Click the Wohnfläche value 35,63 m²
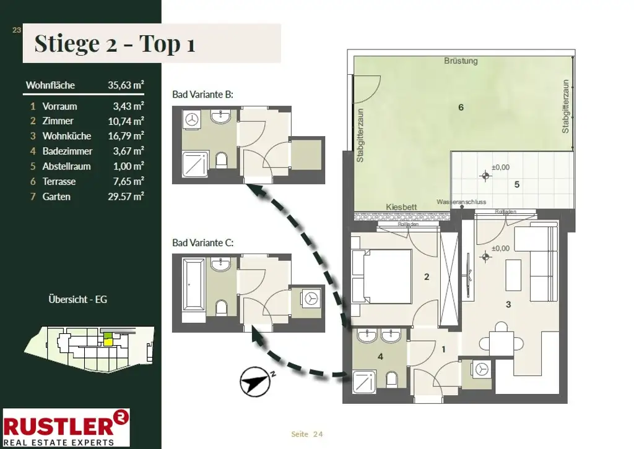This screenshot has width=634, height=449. [x=126, y=85]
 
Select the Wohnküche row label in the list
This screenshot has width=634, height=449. [x=67, y=136]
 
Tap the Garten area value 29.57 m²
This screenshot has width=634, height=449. [x=126, y=197]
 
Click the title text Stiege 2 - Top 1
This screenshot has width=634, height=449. [x=115, y=43]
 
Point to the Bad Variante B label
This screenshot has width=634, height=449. [x=202, y=95]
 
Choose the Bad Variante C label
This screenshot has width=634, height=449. [x=202, y=242]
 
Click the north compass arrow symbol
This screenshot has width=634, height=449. [x=256, y=382]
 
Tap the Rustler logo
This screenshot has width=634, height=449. [x=66, y=427]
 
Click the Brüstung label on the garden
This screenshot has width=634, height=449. [x=461, y=61]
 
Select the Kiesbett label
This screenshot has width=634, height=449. [x=401, y=207]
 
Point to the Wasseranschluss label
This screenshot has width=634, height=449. [x=461, y=202]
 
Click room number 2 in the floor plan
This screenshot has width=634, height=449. [x=427, y=277]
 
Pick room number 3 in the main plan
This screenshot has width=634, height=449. [x=508, y=304]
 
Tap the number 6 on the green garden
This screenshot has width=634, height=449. [x=461, y=108]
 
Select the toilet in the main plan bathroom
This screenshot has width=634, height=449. [x=391, y=380]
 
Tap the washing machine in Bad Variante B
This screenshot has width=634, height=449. [x=192, y=119]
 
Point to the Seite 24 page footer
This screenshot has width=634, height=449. [x=307, y=434]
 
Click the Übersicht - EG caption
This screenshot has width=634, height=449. [x=77, y=299]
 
